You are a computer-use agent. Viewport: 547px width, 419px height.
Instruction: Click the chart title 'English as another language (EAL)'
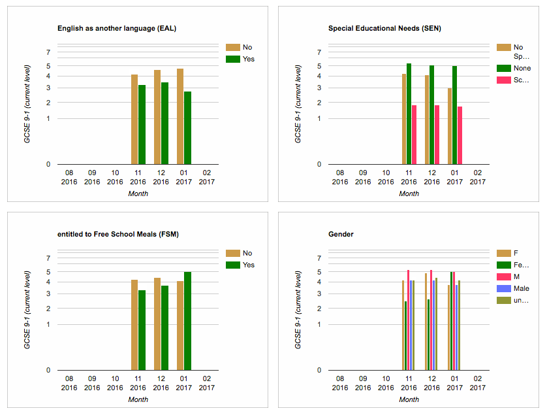coord(116,28)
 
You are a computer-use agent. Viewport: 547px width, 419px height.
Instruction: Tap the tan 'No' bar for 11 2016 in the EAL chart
coord(134,119)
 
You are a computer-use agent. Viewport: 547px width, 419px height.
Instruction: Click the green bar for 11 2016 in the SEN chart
coord(409,114)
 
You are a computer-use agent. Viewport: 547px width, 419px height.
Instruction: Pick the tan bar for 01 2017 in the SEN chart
coord(450,126)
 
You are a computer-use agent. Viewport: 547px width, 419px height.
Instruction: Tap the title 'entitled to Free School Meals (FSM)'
coord(117,234)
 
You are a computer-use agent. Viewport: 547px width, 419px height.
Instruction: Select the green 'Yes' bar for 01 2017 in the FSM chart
coord(187,321)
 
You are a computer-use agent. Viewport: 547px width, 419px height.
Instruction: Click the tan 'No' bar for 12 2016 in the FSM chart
coord(157,324)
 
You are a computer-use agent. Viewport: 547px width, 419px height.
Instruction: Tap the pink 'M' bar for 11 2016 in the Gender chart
coord(409,320)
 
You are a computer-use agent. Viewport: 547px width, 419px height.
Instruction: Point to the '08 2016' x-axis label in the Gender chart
coord(340,382)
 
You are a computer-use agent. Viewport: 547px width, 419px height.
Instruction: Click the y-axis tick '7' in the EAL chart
coord(48,52)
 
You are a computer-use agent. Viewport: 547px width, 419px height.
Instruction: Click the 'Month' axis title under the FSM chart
coord(138,399)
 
